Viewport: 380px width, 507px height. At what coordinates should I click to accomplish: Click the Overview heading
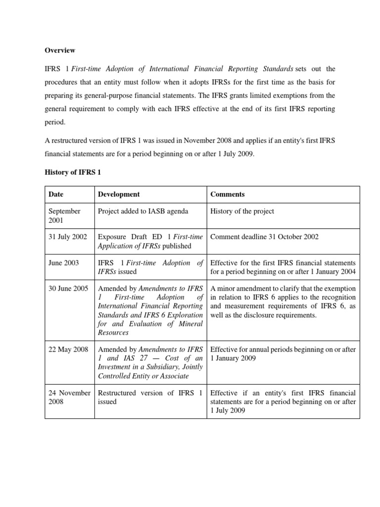click(x=60, y=50)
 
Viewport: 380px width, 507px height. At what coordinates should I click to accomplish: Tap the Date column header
click(x=56, y=195)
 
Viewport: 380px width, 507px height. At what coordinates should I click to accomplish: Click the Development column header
click(x=119, y=195)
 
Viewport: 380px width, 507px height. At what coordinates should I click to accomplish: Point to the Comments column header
click(x=227, y=195)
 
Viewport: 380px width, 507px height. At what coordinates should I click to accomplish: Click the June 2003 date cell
click(x=63, y=263)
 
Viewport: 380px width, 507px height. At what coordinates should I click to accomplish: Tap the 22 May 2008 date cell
click(x=68, y=350)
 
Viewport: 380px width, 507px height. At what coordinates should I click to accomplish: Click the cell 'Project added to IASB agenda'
click(x=143, y=211)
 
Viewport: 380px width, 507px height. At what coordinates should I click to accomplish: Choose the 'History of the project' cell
click(x=242, y=211)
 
